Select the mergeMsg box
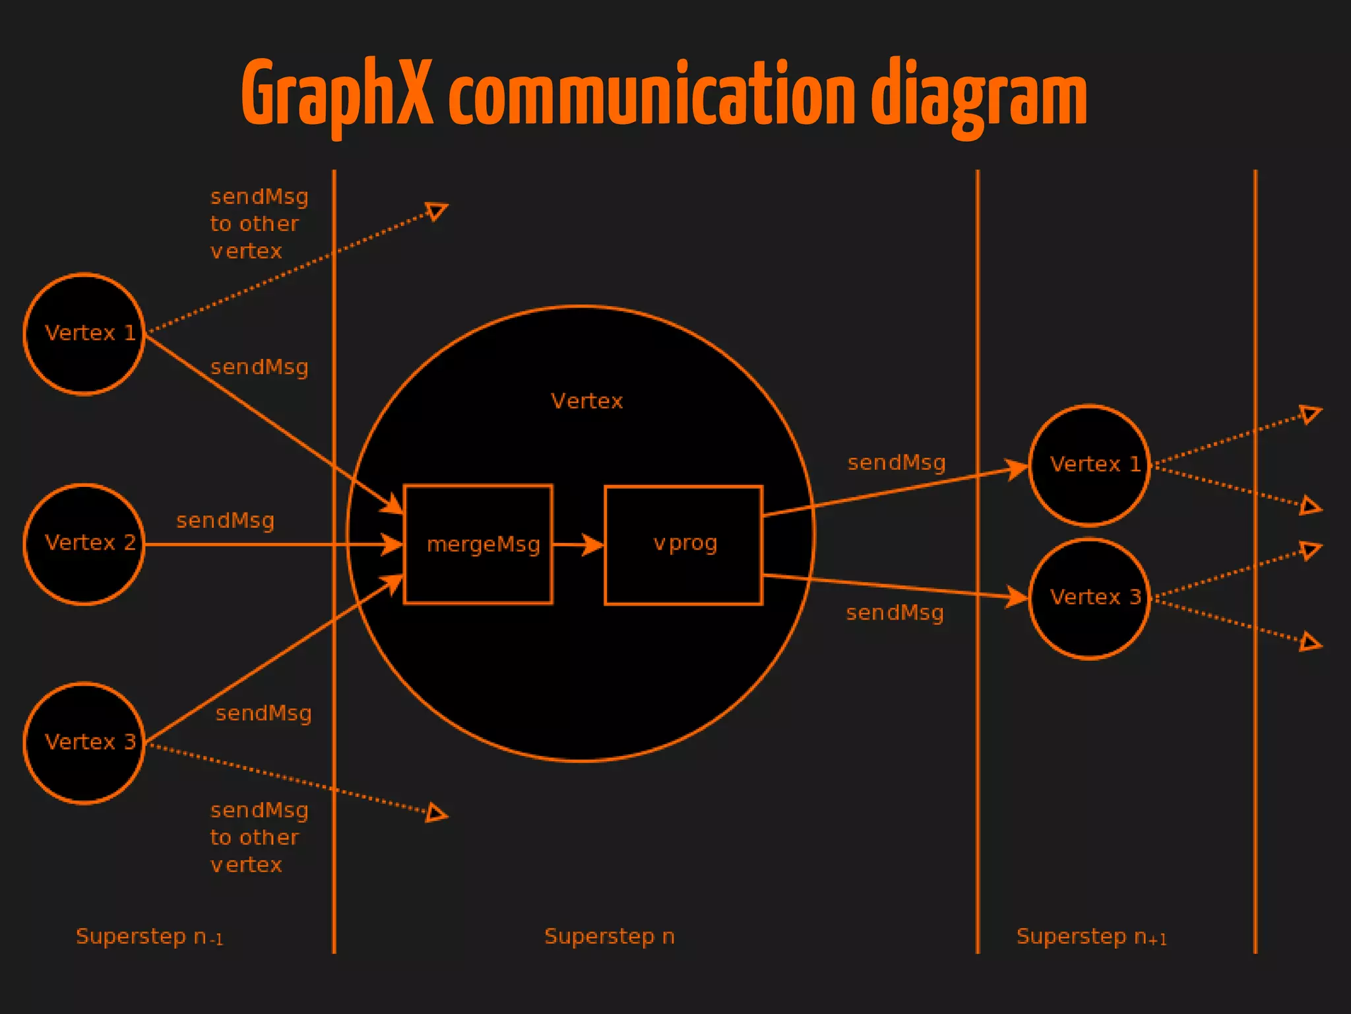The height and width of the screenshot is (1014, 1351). [x=478, y=544]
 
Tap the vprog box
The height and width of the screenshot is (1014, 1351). [x=683, y=544]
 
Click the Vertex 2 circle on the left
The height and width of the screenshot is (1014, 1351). [x=84, y=544]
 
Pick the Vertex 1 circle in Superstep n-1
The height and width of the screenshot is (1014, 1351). [x=84, y=334]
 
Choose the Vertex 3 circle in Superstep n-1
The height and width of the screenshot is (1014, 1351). [x=84, y=743]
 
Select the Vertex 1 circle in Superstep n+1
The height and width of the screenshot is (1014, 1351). [x=1089, y=465]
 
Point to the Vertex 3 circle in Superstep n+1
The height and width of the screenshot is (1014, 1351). [x=1089, y=598]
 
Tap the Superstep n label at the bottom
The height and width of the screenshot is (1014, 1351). [x=609, y=936]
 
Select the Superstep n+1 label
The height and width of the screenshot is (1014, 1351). [x=1092, y=937]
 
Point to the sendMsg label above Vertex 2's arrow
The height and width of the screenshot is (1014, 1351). [x=225, y=521]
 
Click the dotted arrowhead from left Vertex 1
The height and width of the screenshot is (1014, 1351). [x=437, y=211]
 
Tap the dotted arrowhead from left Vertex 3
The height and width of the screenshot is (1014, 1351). [x=437, y=813]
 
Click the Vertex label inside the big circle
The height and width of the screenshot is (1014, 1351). [x=586, y=401]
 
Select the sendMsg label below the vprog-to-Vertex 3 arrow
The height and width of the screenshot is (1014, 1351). [x=895, y=613]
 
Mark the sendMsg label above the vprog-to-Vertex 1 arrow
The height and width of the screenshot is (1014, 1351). [x=896, y=462]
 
